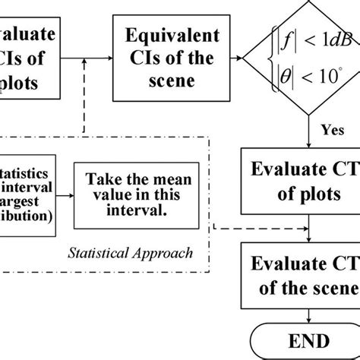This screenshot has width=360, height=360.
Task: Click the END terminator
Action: [308, 339]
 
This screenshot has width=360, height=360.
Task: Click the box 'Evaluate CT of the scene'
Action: [300, 276]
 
